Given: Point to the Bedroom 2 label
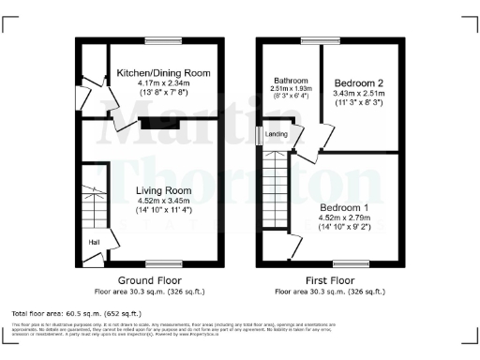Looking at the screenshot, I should [360, 83].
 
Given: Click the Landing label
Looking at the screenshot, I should [277, 134].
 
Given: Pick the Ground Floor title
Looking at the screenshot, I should [149, 280].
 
